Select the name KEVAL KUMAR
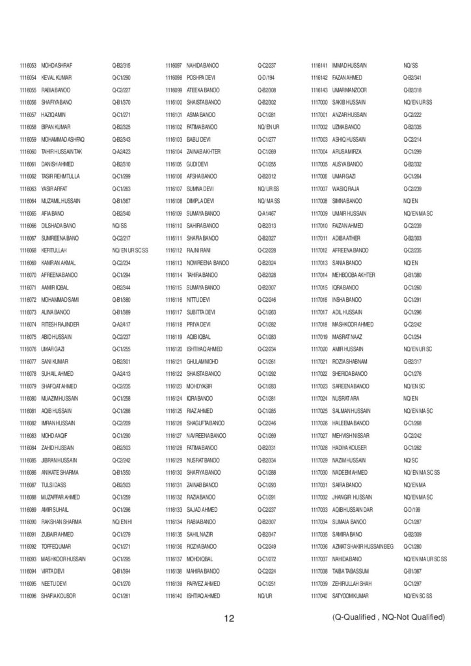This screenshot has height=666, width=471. pyautogui.click(x=57, y=77)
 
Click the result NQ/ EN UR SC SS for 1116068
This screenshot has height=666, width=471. pyautogui.click(x=130, y=250)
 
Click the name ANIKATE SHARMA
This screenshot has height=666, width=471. pyautogui.click(x=60, y=472)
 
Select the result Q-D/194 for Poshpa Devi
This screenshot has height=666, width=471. pyautogui.click(x=266, y=77)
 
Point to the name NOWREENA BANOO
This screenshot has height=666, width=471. pyautogui.click(x=208, y=263)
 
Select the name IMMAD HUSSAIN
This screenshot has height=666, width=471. pyautogui.click(x=349, y=66)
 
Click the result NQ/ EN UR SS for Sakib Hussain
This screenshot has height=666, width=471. pyautogui.click(x=418, y=102)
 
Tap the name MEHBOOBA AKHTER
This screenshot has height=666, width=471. pyautogui.click(x=353, y=275)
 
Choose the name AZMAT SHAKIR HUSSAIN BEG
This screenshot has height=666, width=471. pyautogui.click(x=363, y=546)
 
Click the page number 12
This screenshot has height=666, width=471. pyautogui.click(x=229, y=618)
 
